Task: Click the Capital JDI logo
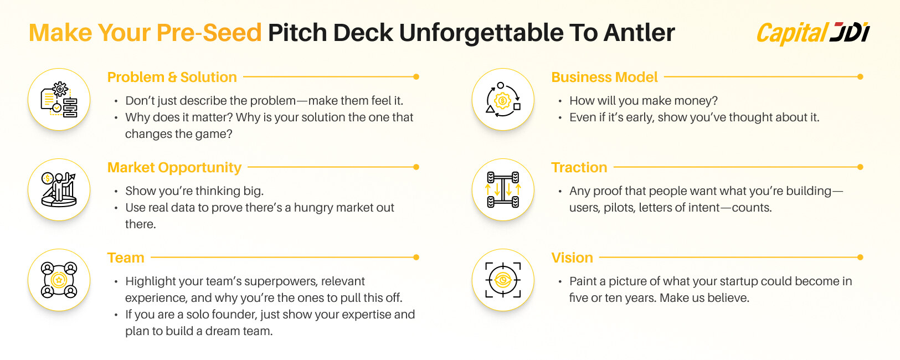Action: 813,33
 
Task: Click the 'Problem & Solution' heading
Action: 172,77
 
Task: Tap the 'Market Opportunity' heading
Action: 174,168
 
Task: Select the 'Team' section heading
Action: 126,258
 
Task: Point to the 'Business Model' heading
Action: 604,77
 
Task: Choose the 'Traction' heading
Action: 579,168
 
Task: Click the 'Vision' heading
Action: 572,258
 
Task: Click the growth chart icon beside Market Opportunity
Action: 59,189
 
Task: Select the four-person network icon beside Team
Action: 59,280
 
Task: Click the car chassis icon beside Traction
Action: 503,189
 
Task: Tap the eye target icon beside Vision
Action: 503,280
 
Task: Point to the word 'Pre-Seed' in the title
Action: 209,33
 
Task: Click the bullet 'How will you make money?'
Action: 643,100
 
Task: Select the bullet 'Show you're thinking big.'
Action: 194,191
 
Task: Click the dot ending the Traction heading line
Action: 860,167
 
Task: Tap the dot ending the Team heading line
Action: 416,257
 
